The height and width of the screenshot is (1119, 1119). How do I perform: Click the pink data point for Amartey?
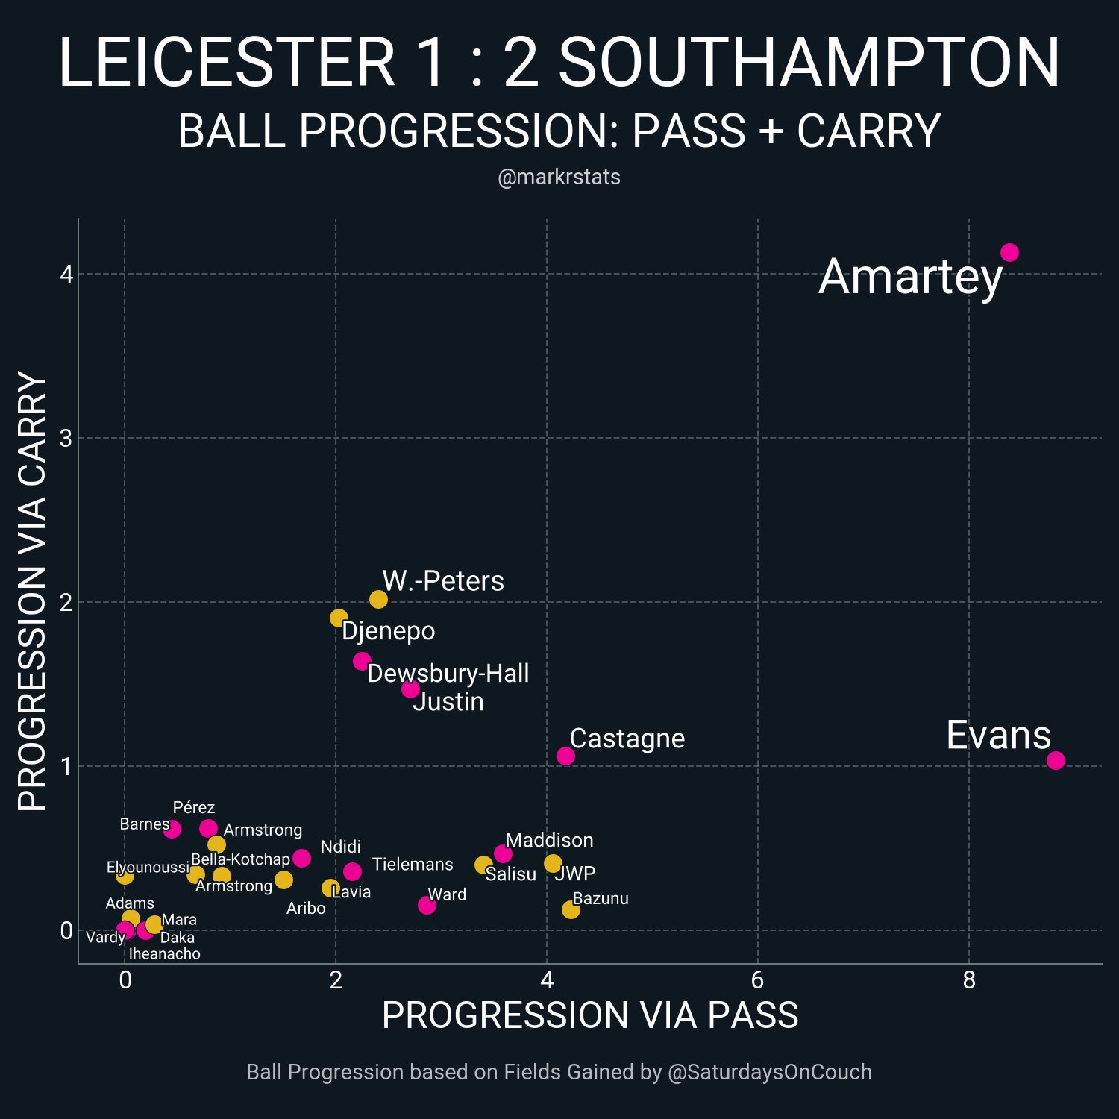click(x=1009, y=253)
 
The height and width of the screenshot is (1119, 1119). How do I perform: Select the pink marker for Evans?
click(x=1056, y=760)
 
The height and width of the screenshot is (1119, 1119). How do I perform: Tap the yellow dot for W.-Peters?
click(x=378, y=599)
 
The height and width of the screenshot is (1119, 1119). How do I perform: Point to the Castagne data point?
click(x=565, y=756)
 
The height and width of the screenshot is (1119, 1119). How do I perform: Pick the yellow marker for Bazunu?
click(x=571, y=909)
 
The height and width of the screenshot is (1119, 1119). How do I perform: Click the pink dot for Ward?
click(x=427, y=905)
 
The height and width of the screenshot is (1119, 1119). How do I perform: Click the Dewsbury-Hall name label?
click(x=448, y=674)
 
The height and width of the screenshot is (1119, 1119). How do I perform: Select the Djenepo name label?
click(x=388, y=631)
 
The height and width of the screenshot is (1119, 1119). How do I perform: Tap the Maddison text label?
click(x=549, y=841)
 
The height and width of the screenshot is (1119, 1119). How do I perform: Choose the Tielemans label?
click(x=413, y=865)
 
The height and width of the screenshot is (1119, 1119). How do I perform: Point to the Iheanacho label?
click(x=164, y=954)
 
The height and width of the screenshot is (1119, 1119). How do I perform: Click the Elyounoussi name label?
click(x=148, y=868)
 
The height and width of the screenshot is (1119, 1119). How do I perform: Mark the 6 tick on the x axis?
click(x=758, y=980)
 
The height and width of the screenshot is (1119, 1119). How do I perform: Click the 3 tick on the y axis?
click(x=66, y=438)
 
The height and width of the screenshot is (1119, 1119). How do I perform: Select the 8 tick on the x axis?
click(x=969, y=980)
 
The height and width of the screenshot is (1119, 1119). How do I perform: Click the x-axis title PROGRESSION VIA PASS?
click(x=590, y=1016)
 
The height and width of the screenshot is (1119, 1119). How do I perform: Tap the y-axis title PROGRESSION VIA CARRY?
click(x=32, y=591)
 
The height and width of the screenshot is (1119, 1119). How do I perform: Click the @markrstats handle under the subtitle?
click(x=559, y=178)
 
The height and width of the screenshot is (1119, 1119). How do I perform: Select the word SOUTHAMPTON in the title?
click(x=809, y=63)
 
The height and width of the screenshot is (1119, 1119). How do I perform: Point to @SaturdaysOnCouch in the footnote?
click(x=769, y=1072)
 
